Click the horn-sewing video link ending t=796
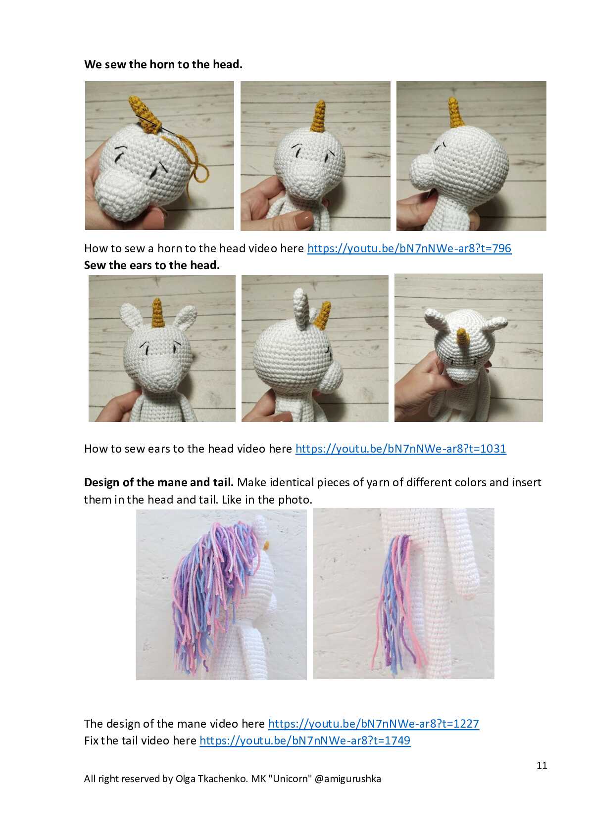pyautogui.click(x=409, y=248)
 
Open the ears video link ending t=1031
pyautogui.click(x=401, y=449)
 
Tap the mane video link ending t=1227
pyautogui.click(x=374, y=723)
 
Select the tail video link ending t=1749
pyautogui.click(x=305, y=740)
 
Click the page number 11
pyautogui.click(x=542, y=765)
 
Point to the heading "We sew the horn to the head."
pyautogui.click(x=163, y=64)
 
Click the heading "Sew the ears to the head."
pyautogui.click(x=152, y=265)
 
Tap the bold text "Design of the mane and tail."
pyautogui.click(x=158, y=482)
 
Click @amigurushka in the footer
pyautogui.click(x=347, y=779)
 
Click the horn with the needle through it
pyautogui.click(x=145, y=114)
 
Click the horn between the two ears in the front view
pyautogui.click(x=158, y=313)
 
